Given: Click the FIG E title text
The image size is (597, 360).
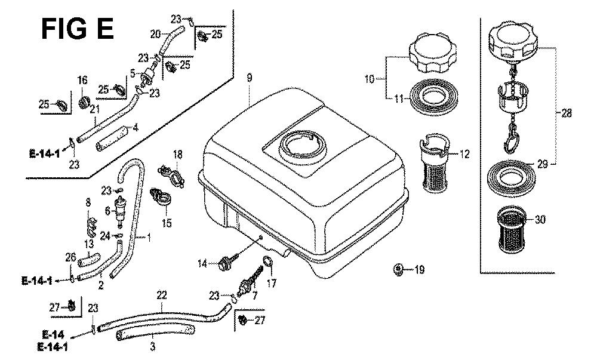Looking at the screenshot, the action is [77, 29].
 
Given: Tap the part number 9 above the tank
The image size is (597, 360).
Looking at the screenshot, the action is [249, 78].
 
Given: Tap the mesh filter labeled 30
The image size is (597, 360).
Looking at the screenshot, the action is [512, 230].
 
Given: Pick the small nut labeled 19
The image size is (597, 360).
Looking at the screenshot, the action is [398, 270].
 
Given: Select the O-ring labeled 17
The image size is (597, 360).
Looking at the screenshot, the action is [269, 263].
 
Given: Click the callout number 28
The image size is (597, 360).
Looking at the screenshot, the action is [566, 113].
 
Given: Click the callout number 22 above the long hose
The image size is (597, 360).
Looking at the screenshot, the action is [162, 295].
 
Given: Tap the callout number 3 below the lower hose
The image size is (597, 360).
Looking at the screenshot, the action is [152, 347].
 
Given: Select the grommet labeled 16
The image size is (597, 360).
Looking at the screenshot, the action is [84, 103].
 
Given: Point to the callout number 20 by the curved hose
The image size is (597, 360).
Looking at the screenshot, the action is [155, 34].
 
